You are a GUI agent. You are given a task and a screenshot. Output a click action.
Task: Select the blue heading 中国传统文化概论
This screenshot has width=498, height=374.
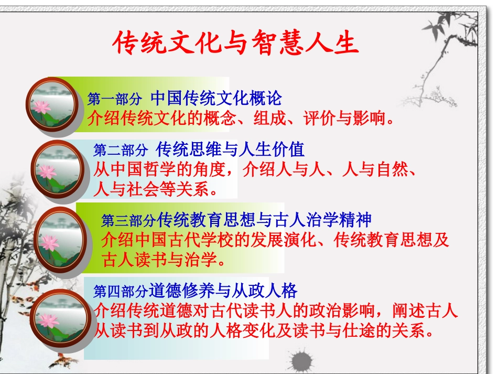point(216,98)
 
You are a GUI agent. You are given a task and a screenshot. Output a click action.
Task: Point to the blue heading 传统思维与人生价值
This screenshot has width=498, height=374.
point(230,149)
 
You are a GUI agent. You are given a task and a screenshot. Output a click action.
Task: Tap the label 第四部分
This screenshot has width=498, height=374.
point(121,291)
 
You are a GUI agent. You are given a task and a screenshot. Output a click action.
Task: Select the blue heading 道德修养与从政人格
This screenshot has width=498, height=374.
point(223,290)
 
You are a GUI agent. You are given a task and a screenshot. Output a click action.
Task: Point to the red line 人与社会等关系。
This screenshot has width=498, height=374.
point(156,188)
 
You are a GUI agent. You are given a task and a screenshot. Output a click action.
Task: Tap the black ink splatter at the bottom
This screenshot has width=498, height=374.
point(302,361)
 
